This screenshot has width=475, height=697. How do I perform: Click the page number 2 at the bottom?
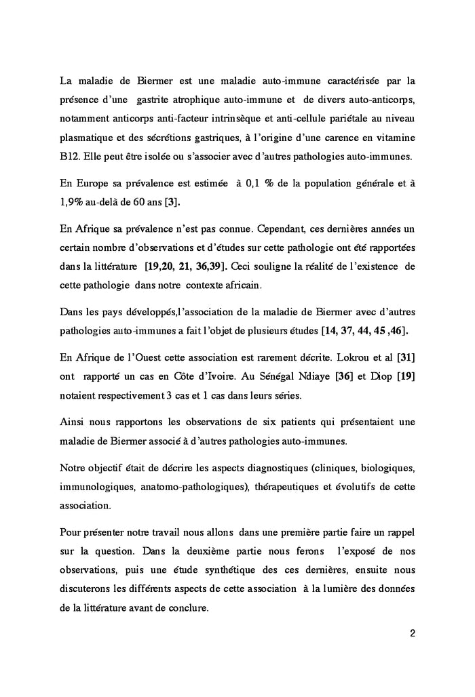[x=412, y=633]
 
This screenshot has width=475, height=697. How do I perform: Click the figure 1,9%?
[x=74, y=202]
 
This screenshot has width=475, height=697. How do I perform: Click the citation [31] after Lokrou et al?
[x=404, y=358]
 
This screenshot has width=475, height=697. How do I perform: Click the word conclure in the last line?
[x=189, y=608]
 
